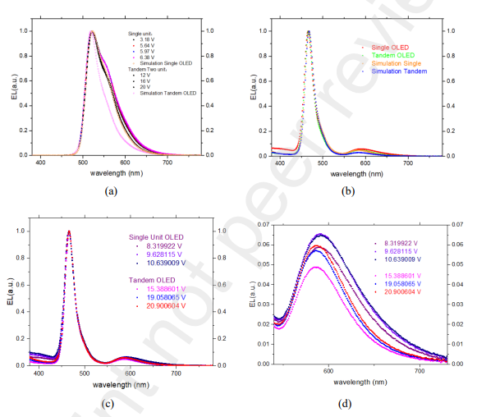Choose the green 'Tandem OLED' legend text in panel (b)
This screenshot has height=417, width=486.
[x=397, y=55]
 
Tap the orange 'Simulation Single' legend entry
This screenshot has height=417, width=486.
[x=402, y=63]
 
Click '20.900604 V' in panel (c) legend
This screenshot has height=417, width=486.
[x=158, y=306]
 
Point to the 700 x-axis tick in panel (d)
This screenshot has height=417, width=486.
[x=420, y=371]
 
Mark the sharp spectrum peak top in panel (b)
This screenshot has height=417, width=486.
[x=308, y=32]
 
